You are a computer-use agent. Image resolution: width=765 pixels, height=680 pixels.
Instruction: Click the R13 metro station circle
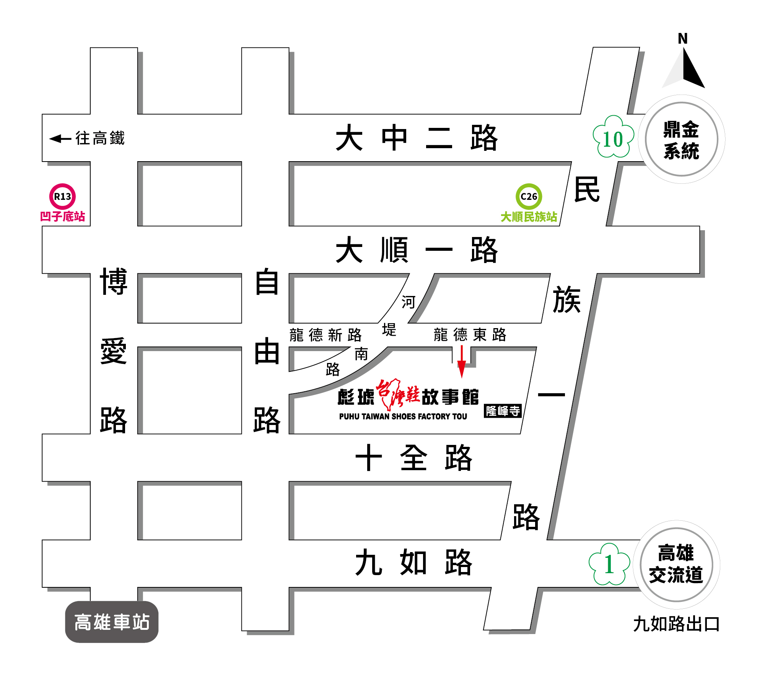point(62,196)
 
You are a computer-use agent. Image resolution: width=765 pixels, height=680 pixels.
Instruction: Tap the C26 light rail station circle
point(529,196)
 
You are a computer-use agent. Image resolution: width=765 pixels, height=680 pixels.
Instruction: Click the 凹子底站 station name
point(62,217)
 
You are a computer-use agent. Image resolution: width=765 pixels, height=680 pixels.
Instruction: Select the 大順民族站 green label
point(529,217)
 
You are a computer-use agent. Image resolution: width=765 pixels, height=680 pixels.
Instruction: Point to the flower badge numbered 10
point(613,137)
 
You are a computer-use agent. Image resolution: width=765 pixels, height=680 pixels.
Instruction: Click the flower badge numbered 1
point(609,565)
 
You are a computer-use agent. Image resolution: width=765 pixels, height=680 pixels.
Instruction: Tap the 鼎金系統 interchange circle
point(681,139)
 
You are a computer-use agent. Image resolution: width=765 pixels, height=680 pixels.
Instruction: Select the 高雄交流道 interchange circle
point(676,565)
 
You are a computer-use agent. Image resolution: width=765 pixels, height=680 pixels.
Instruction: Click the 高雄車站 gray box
point(112,622)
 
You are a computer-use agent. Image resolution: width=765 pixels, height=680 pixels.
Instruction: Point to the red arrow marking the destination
point(462,362)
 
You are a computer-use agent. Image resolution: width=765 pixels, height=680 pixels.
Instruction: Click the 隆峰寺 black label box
point(503,411)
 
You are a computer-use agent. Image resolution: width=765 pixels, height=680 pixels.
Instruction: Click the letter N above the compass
point(683,39)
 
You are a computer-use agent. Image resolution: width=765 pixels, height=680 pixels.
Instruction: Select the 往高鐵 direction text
point(100,138)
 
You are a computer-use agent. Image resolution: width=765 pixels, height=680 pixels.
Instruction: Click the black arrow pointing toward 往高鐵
point(60,139)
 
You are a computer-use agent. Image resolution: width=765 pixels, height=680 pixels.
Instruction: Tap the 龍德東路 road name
point(470,335)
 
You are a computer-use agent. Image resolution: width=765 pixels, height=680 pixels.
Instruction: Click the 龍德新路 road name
point(326,335)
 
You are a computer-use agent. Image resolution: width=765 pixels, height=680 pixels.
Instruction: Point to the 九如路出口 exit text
point(676,624)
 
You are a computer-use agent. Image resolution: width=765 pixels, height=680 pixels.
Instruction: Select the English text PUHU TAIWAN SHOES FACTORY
point(403,417)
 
